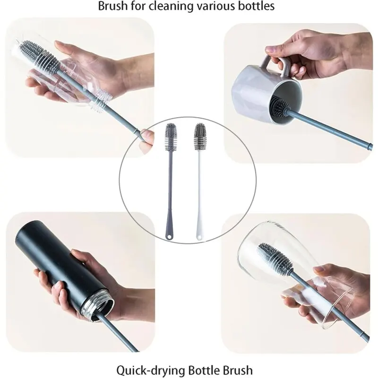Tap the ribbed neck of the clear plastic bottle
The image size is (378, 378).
tap(102, 99)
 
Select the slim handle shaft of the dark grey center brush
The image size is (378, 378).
tap(170, 189)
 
